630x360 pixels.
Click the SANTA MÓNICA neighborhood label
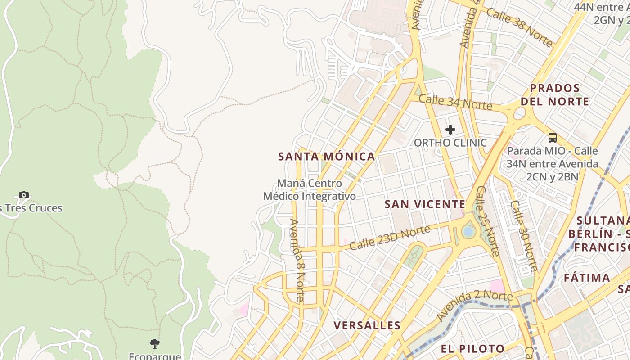point(326,157)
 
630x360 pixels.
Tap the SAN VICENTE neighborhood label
point(425,204)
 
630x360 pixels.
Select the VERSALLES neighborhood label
point(367,325)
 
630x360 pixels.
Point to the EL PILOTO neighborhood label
point(472,349)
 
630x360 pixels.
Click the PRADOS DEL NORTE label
point(555,94)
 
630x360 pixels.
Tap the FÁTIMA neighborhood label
point(587,278)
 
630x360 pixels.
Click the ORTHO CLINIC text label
point(450,143)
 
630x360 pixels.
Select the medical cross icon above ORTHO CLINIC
point(450,130)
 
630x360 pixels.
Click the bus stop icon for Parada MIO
point(553,138)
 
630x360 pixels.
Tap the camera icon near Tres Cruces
point(24,195)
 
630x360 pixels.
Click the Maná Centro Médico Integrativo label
point(310,190)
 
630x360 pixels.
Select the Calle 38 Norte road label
point(520,27)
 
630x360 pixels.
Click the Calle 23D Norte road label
point(390,238)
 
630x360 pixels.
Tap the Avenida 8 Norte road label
point(297,260)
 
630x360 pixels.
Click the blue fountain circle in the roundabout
point(468,231)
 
